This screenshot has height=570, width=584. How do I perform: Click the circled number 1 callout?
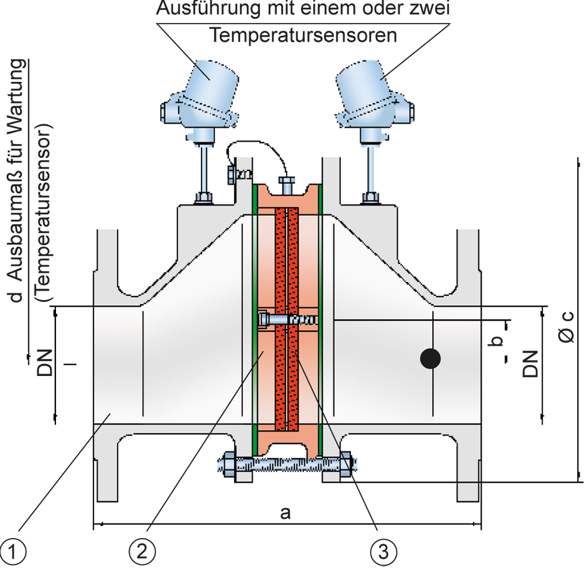(x=13, y=551)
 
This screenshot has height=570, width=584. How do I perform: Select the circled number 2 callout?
(x=142, y=551)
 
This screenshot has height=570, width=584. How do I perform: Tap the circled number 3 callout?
(x=384, y=551)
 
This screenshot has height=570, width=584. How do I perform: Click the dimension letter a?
(x=285, y=513)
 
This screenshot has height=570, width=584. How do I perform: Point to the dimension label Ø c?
(x=567, y=327)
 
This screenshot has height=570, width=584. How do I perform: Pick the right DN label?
(x=530, y=364)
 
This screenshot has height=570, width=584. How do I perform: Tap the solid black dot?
(x=430, y=359)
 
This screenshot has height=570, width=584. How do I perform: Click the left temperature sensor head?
(x=199, y=97)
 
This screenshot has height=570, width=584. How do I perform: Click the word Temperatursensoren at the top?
(x=303, y=36)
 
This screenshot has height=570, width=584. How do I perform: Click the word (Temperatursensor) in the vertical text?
(x=43, y=212)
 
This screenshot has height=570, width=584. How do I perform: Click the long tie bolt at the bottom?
(x=287, y=464)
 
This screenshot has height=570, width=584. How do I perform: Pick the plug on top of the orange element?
(x=287, y=185)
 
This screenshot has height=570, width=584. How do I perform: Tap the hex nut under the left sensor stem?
(x=203, y=198)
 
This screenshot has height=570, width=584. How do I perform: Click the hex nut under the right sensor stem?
(x=371, y=198)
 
